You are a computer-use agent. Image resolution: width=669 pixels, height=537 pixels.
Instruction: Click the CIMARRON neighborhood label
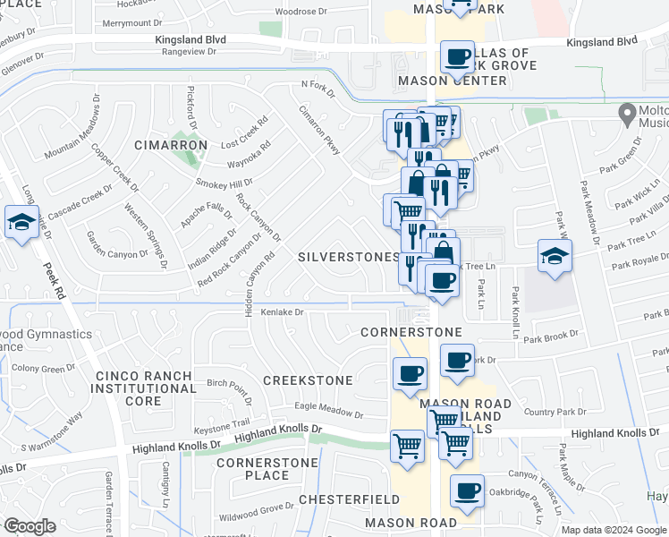pos(171,145)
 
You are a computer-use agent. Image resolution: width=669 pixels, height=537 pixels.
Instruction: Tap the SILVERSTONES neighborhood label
pos(348,257)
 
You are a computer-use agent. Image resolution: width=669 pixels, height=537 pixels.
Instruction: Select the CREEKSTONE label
pos(308,380)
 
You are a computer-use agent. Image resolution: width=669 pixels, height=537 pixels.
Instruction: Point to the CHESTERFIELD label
pos(344,499)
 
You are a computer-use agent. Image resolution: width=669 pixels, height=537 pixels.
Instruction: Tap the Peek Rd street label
pos(54,277)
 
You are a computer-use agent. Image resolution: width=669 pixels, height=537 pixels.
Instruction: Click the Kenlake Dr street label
pos(283,312)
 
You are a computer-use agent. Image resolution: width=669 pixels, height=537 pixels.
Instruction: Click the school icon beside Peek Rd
pos(21,224)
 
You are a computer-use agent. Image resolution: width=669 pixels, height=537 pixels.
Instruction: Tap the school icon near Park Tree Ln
pos(555,257)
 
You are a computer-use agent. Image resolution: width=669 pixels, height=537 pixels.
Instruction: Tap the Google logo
pos(30,526)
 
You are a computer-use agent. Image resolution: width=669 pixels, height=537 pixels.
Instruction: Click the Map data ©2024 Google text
pos(613,530)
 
